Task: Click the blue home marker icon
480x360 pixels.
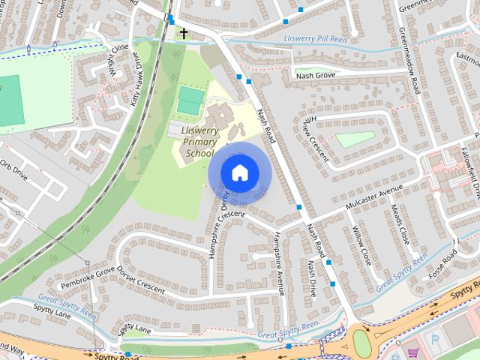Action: (x=239, y=172)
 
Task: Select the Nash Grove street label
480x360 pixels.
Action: (x=314, y=75)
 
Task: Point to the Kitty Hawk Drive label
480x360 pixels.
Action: (x=139, y=79)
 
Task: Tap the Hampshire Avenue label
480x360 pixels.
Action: (x=277, y=259)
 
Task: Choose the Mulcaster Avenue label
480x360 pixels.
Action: (x=375, y=199)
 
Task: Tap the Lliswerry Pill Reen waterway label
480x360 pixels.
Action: (x=316, y=39)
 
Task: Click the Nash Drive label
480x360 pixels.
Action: (x=312, y=277)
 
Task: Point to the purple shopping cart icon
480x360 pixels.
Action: (x=412, y=352)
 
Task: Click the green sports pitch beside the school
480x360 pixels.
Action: (x=190, y=100)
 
